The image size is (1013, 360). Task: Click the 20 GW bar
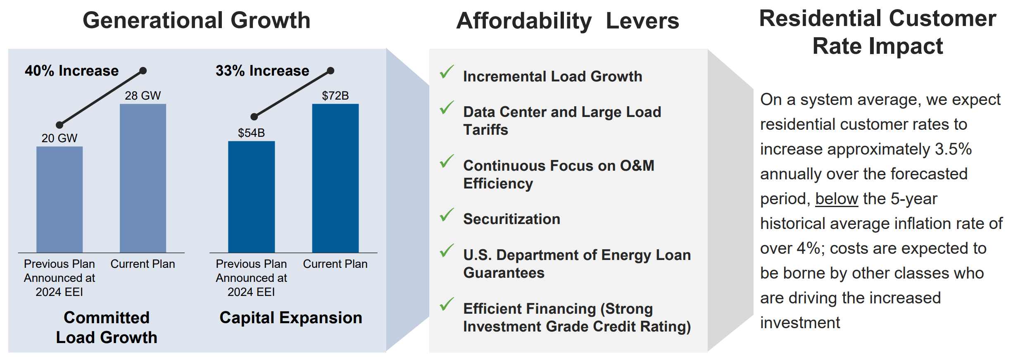(59, 199)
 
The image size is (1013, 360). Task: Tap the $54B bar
(251, 197)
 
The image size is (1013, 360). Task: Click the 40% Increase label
(71, 71)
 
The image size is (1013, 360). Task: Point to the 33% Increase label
(262, 71)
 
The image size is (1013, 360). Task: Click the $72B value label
(335, 96)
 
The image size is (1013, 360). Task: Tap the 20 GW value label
(59, 138)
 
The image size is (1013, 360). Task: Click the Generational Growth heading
(196, 20)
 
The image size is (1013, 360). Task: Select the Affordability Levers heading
(567, 21)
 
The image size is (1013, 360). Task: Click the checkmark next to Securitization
(447, 215)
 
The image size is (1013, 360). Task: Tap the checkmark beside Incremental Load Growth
(447, 72)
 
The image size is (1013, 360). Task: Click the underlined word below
(836, 199)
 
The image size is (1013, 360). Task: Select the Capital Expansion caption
(290, 317)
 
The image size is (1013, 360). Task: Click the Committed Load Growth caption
(107, 327)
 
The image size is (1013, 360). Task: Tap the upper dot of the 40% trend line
(143, 71)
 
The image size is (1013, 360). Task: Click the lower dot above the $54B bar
(254, 117)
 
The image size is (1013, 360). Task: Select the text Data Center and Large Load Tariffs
(562, 121)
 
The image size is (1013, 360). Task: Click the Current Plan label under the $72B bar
(335, 264)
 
